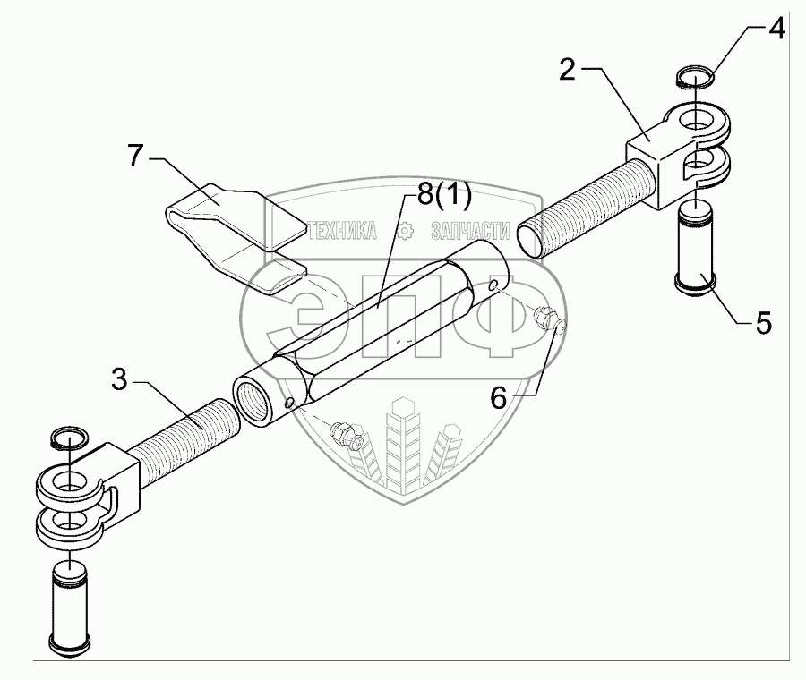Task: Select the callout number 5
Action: [763, 323]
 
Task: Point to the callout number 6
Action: [500, 396]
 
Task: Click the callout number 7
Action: [135, 156]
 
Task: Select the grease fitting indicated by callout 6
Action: [547, 320]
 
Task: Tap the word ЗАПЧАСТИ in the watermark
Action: [469, 230]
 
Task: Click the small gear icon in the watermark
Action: [404, 230]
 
